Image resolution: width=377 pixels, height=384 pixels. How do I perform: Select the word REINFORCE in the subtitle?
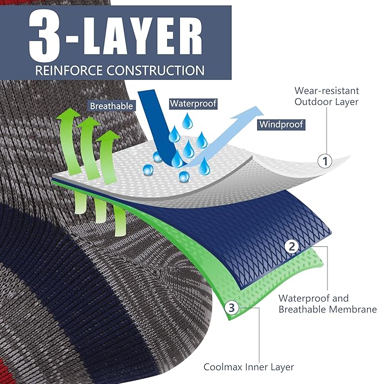tap(69, 70)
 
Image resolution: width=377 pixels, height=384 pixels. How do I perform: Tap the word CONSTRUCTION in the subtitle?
tap(155, 70)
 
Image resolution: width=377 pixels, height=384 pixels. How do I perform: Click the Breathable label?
tap(112, 106)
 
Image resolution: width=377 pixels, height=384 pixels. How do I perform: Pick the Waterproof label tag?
tap(193, 103)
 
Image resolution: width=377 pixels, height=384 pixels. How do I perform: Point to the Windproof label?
tap(281, 124)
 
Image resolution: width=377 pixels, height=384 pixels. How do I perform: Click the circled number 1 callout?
tap(325, 161)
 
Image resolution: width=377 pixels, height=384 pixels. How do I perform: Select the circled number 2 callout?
tap(291, 246)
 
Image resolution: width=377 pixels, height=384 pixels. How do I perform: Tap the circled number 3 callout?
tap(232, 307)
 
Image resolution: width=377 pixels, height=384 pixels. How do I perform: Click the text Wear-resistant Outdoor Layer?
tap(326, 96)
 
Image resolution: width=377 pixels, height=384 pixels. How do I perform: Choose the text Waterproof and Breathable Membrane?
tap(327, 304)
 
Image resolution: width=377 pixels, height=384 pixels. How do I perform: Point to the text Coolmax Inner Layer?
tap(249, 367)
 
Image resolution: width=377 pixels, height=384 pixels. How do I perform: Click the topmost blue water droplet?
tap(188, 120)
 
